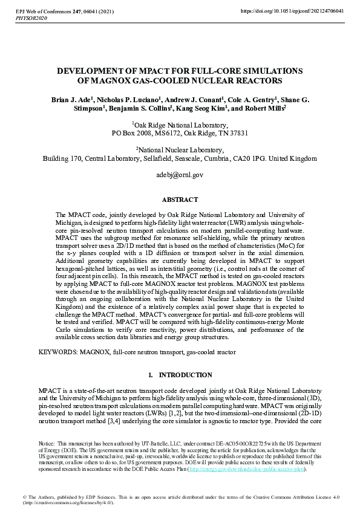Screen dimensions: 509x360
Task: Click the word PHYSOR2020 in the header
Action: click(x=30, y=19)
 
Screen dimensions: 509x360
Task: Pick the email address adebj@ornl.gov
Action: click(x=180, y=174)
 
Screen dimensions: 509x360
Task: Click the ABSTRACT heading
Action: click(x=180, y=199)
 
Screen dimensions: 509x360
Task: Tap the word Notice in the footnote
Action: click(x=46, y=444)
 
